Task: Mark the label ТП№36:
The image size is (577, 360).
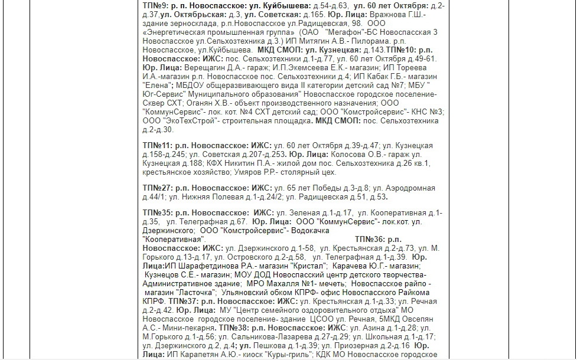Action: pos(370,239)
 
